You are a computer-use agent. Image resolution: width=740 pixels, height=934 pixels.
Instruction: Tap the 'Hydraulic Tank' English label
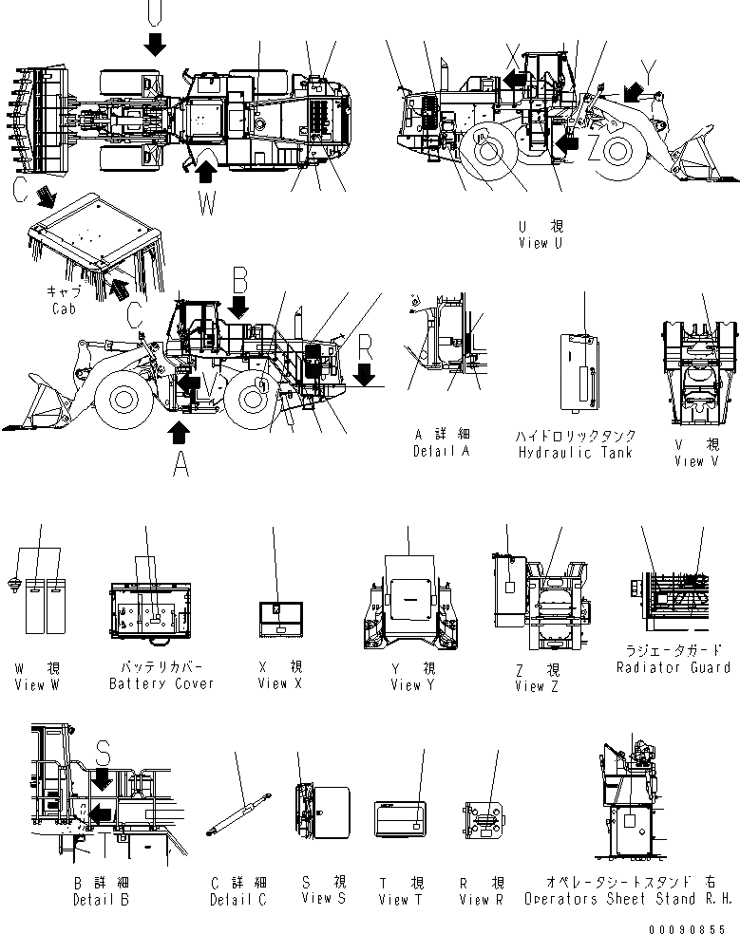point(575,453)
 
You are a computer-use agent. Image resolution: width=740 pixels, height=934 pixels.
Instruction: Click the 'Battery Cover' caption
point(161,683)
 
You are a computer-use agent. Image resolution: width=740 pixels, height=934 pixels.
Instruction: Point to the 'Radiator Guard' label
point(674,667)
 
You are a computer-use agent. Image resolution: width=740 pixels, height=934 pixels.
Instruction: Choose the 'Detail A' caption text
point(442,452)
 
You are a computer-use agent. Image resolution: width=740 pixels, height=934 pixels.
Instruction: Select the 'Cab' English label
point(63,308)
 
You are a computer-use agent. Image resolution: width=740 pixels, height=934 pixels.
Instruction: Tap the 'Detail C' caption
point(237,899)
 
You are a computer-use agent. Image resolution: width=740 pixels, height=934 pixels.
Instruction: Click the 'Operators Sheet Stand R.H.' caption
point(629,898)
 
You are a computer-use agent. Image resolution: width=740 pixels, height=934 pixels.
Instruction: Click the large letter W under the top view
point(207,202)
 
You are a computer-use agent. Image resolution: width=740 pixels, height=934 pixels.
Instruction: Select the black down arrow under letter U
point(156,42)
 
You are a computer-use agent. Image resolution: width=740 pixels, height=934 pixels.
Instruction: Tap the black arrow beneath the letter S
point(103,780)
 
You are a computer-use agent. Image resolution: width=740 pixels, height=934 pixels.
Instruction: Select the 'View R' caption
point(481,899)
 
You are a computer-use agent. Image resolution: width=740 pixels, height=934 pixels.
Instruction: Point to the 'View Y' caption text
point(411,684)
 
